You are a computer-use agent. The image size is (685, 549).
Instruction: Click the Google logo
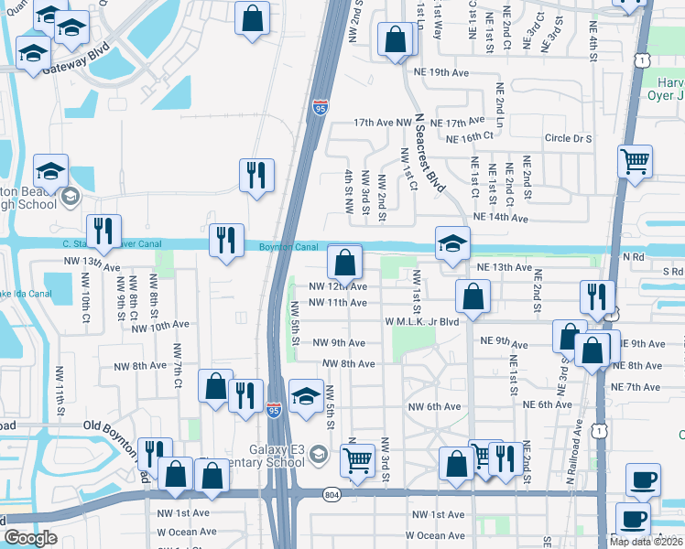pyautogui.click(x=29, y=538)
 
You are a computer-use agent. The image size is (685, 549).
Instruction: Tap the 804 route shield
pyautogui.click(x=331, y=495)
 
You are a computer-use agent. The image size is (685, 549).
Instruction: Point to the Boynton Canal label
pyautogui.click(x=288, y=247)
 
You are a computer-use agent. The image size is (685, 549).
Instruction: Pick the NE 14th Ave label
pyautogui.click(x=502, y=219)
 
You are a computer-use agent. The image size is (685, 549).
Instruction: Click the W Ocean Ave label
pyautogui.click(x=435, y=535)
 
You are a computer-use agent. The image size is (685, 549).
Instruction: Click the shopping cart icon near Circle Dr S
pyautogui.click(x=635, y=162)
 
